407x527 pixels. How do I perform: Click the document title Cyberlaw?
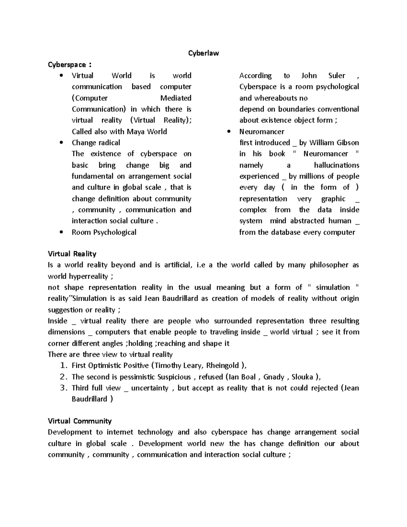[203, 53]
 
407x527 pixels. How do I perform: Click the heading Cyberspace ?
[69, 64]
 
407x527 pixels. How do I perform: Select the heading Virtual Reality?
[72, 254]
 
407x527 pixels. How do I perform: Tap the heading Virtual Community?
[80, 421]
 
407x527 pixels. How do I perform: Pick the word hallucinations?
[336, 165]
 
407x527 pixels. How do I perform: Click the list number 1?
[63, 366]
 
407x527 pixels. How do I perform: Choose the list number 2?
[63, 377]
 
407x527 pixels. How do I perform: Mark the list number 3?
[63, 388]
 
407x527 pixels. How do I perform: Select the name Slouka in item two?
[302, 377]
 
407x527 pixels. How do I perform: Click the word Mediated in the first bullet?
[176, 98]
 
